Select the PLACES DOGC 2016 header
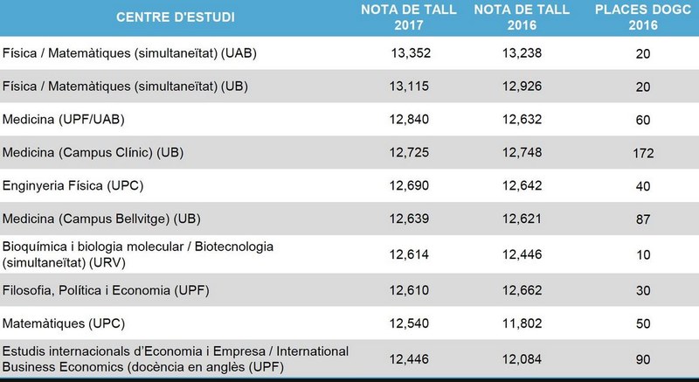click(x=644, y=17)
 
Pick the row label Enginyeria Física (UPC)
click(x=73, y=186)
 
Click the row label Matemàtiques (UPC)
click(x=60, y=323)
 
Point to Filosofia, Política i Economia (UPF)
click(x=119, y=289)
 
